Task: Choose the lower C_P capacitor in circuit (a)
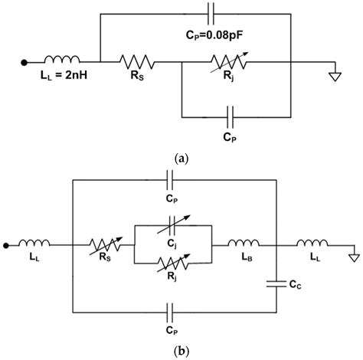(227, 117)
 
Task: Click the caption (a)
(181, 159)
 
